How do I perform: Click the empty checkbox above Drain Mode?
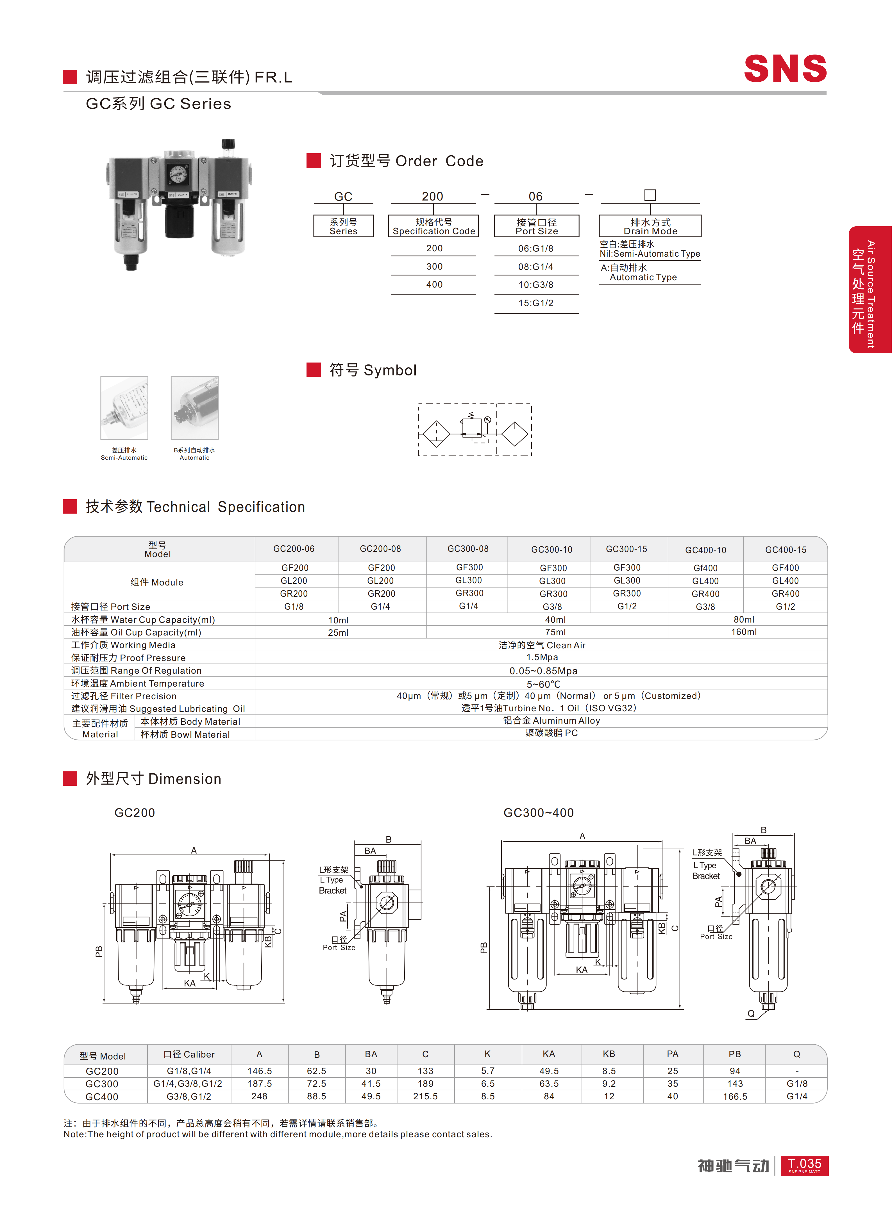650,195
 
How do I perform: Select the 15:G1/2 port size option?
536,303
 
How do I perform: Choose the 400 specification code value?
434,284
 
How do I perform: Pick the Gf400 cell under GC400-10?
705,568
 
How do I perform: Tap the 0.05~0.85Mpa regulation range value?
543,671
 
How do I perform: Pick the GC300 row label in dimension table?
101,1084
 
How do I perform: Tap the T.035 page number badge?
805,1166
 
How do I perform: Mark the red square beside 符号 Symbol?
314,370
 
